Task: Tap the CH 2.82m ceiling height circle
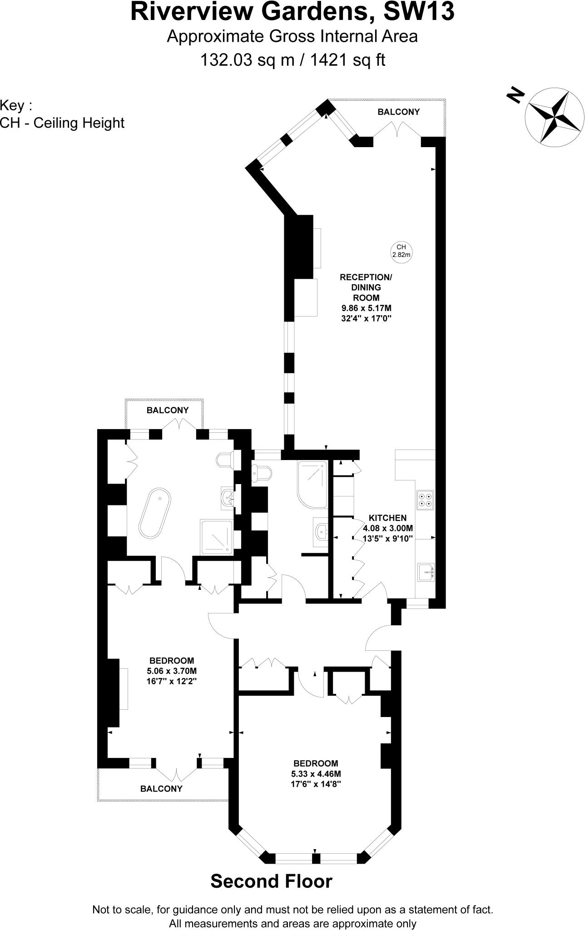pos(401,251)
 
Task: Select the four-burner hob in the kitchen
pos(425,500)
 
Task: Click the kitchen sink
pos(426,572)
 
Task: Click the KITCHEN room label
pos(387,518)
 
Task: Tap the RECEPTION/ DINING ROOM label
pos(366,287)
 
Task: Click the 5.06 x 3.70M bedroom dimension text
pos(172,671)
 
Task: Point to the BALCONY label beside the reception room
pos(398,112)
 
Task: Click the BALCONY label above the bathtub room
pos(167,411)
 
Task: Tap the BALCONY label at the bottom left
pos(161,789)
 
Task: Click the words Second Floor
pos(271,881)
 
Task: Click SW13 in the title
pos(419,12)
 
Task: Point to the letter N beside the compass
pos(516,95)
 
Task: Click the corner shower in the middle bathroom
pos(312,484)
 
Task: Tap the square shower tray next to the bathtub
pos(217,538)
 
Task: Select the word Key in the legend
pos(13,106)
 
